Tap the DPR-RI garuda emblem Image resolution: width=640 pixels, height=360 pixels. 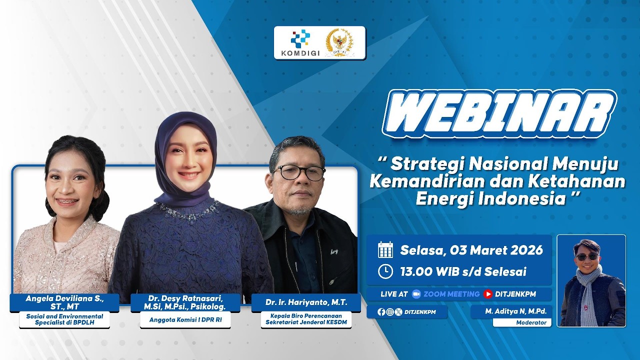339,42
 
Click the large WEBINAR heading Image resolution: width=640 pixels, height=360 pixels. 499,114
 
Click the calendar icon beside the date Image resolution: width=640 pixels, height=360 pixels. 385,249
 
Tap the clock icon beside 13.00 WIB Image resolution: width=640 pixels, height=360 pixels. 385,271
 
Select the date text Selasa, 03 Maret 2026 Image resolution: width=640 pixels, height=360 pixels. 471,250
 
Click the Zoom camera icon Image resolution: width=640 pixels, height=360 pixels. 416,294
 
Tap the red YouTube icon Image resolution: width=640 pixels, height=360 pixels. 488,294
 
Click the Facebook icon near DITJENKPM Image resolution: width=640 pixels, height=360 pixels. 381,311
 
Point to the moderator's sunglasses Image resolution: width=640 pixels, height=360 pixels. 586,256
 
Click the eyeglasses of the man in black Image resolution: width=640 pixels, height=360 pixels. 298,172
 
